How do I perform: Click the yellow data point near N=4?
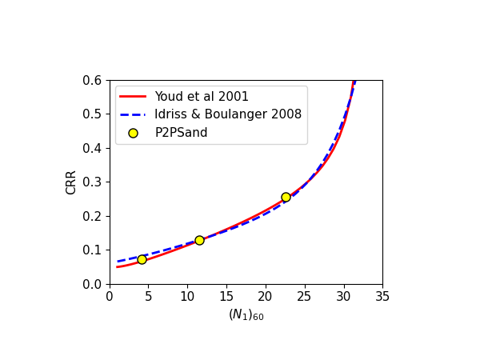[142, 259]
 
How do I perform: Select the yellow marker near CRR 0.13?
[199, 240]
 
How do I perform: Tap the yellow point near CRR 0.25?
[286, 197]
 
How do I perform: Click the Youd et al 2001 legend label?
[202, 97]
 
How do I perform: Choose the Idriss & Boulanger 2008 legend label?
[228, 114]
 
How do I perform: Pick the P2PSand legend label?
[181, 133]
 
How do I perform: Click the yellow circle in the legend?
[133, 133]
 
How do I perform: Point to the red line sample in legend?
[133, 97]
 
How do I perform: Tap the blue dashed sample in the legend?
[133, 114]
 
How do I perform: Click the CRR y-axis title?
[72, 182]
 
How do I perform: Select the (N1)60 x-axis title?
[246, 315]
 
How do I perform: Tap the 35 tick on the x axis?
[382, 296]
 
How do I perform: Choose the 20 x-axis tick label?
[266, 296]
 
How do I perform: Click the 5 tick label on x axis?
[149, 296]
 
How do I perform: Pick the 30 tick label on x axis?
[343, 296]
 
